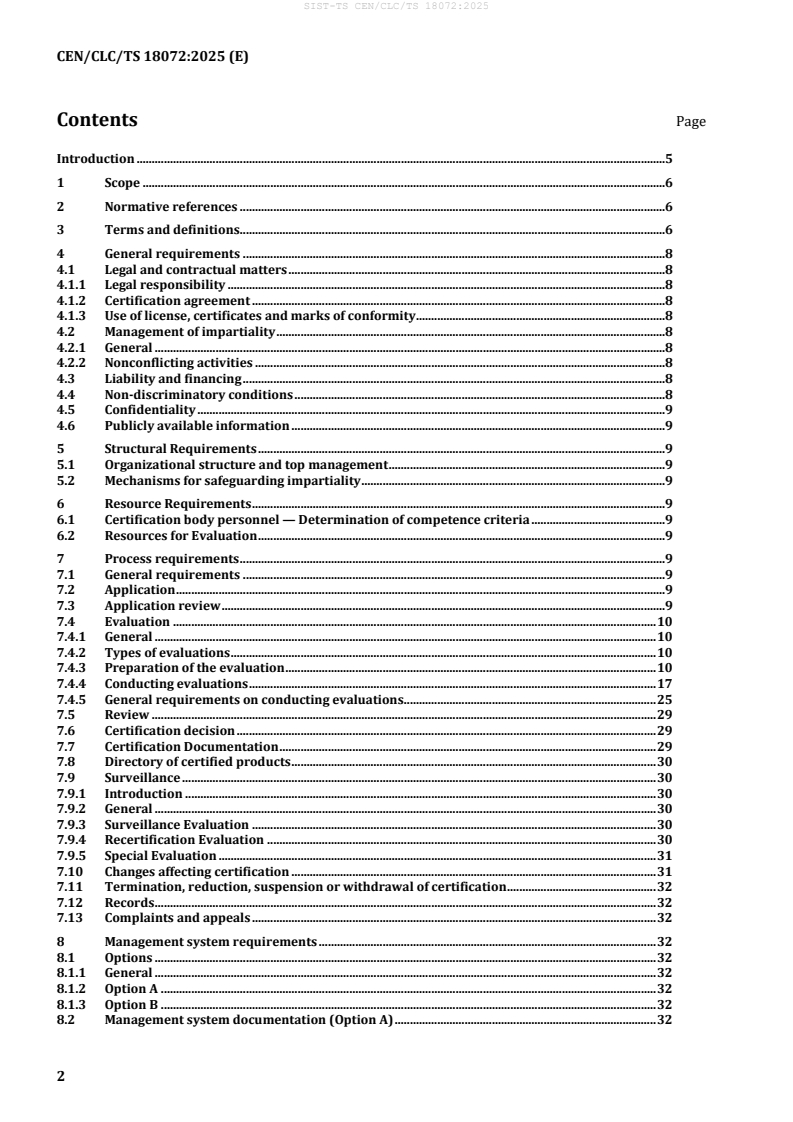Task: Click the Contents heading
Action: (97, 120)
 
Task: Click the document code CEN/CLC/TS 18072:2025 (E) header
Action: (152, 57)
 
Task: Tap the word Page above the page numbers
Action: (690, 122)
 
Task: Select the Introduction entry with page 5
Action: (95, 158)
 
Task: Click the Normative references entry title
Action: (170, 207)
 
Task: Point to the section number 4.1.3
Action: (70, 316)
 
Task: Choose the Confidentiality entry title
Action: (150, 410)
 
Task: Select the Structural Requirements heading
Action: (181, 449)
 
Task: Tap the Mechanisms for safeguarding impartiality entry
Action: (232, 481)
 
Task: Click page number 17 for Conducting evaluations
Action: (663, 683)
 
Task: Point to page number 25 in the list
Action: (663, 699)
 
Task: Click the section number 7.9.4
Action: (70, 840)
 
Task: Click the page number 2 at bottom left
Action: (61, 1076)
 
